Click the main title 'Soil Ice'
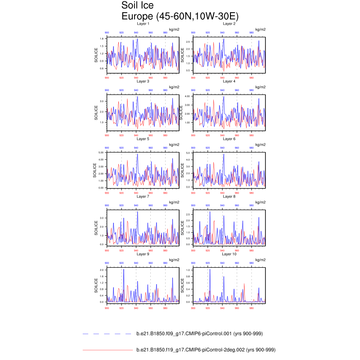[x=138, y=6]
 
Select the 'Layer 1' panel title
[x=143, y=23]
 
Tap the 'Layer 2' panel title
[x=229, y=23]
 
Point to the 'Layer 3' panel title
[x=143, y=81]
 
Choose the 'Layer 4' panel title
[x=229, y=81]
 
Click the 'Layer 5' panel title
[x=143, y=139]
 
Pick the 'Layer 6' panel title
[x=229, y=139]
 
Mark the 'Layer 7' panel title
[x=143, y=197]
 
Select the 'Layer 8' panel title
[x=229, y=197]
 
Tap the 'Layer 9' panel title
[x=143, y=254]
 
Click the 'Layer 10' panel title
[x=229, y=254]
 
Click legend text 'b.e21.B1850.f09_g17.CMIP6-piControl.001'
[x=199, y=334]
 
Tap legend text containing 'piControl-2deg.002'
[x=205, y=350]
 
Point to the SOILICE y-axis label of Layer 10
[x=182, y=285]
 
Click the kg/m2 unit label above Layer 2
[x=261, y=29]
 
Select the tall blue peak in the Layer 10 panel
[x=210, y=270]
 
